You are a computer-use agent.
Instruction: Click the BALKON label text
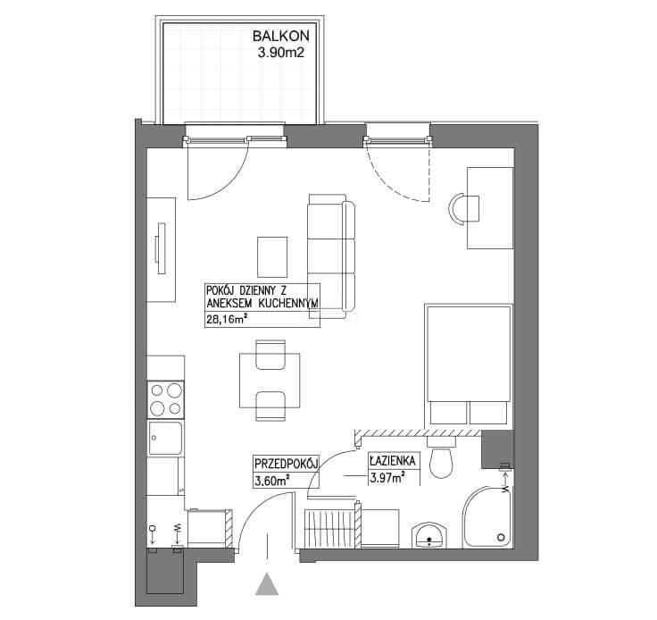click(280, 36)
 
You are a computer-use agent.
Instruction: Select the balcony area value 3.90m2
click(280, 54)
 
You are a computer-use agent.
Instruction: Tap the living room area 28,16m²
click(226, 320)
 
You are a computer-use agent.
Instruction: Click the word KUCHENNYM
click(287, 304)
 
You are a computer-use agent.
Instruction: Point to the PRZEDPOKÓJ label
click(287, 464)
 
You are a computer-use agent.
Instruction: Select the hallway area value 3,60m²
click(273, 481)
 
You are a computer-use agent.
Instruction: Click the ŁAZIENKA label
click(393, 462)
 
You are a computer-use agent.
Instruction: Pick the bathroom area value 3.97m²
click(387, 477)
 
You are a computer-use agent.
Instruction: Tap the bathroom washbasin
click(429, 535)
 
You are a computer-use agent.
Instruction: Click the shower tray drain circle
click(501, 538)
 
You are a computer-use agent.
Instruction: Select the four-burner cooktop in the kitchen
click(165, 399)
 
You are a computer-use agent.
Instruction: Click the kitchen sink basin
click(165, 439)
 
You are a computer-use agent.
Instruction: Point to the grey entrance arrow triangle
click(267, 584)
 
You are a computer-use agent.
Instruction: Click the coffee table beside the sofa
click(272, 257)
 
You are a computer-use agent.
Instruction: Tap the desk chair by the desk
click(464, 208)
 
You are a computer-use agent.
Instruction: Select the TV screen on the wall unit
click(162, 248)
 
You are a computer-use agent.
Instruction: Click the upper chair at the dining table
click(270, 355)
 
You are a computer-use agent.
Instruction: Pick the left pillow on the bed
click(449, 413)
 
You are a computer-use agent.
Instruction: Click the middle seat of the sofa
click(326, 256)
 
